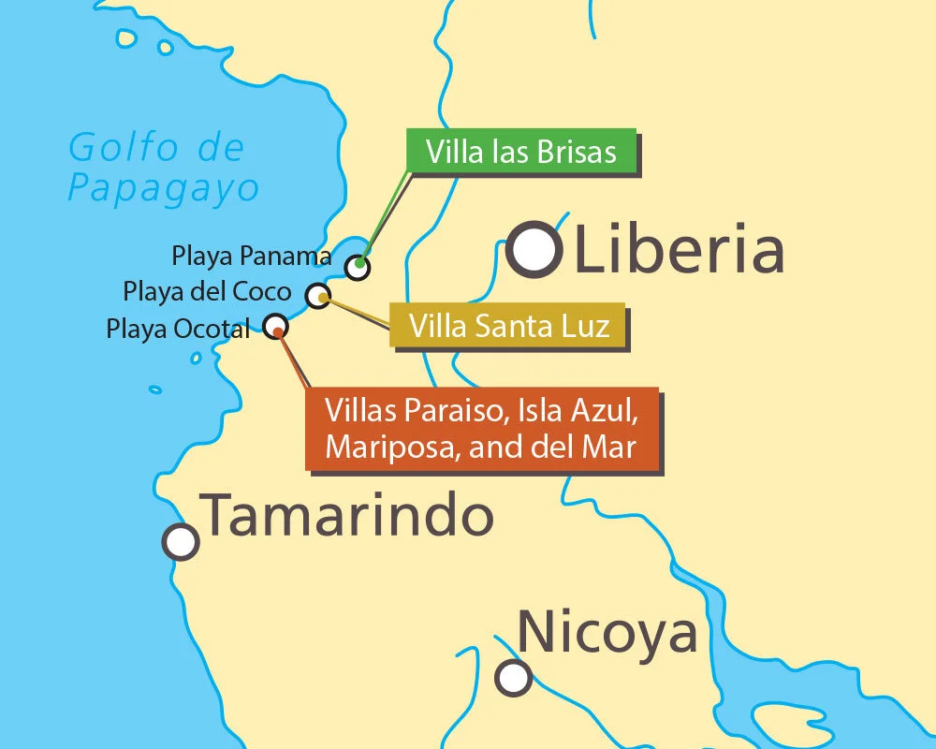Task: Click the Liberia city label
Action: click(x=679, y=250)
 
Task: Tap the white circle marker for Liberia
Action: click(x=534, y=250)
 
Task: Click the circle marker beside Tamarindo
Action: click(x=181, y=541)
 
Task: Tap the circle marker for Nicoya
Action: click(x=513, y=677)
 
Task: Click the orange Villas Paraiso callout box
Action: click(x=481, y=428)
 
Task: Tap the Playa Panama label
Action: click(x=252, y=256)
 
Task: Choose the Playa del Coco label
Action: click(x=208, y=291)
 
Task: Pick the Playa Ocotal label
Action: click(x=178, y=329)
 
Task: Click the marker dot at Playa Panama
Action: click(x=358, y=267)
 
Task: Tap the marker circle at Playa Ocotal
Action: click(x=276, y=326)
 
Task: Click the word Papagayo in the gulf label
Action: click(x=163, y=188)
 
